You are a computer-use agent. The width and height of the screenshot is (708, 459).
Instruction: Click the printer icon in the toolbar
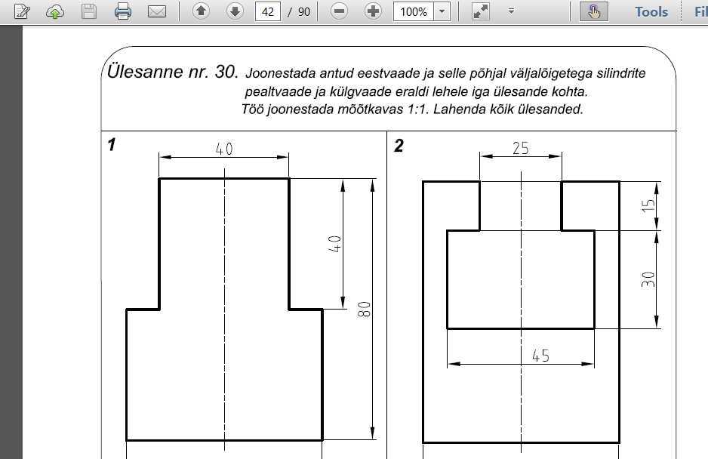pos(123,11)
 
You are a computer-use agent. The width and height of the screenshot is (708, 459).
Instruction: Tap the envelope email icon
pos(157,11)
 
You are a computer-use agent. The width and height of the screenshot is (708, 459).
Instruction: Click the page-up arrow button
pos(201,11)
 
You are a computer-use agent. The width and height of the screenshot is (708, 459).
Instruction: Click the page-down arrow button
pos(235,11)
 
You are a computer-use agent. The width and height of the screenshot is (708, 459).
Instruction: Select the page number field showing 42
pos(268,11)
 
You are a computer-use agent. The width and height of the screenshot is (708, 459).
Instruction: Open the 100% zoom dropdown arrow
pos(442,11)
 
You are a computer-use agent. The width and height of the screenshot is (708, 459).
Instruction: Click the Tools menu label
pos(651,12)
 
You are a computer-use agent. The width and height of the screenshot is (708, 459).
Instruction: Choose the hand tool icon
pos(594,11)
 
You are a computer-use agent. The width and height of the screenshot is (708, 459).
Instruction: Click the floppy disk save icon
pos(89,11)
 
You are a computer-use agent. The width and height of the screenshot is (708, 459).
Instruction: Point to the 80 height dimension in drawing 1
pos(364,310)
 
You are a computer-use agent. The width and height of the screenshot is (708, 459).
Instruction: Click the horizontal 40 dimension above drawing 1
pos(224,149)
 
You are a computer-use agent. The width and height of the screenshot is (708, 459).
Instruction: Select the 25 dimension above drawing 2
pos(521,148)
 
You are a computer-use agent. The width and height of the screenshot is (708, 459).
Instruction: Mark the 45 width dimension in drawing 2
pos(541,356)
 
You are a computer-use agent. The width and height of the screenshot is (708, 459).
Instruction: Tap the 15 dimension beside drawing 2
pos(648,205)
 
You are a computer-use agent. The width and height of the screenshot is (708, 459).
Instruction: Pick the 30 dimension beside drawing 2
pos(648,279)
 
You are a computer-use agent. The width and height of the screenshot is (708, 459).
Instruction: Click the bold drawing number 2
pos(399,146)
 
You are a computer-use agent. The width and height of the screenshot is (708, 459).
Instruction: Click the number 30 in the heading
pos(226,72)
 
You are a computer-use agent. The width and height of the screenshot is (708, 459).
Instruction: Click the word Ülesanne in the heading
pos(139,71)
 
